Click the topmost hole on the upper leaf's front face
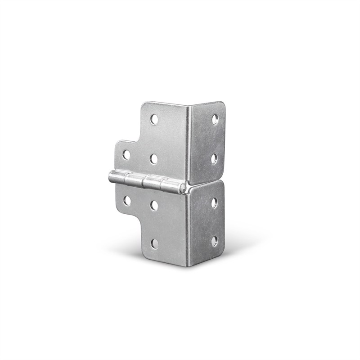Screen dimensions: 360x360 coord(154,119)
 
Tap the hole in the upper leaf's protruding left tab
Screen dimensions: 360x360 coord(126,155)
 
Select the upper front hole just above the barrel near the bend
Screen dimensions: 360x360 coord(153,159)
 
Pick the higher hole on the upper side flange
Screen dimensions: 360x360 coord(215,119)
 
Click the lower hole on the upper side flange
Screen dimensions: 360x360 coord(214,158)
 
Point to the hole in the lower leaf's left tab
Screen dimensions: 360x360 coord(127,200)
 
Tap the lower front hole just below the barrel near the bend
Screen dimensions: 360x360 coord(154,205)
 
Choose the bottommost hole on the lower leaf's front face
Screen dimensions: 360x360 coord(155,243)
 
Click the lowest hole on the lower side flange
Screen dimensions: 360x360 coord(215,241)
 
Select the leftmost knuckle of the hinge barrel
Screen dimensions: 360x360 coord(117,177)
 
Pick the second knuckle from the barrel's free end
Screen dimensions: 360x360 coord(134,180)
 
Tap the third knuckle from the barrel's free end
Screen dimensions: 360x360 coord(152,183)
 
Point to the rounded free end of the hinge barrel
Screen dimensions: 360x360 coord(110,176)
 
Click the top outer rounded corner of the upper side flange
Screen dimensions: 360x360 coord(222,104)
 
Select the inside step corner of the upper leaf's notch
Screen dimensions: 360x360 coord(141,141)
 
